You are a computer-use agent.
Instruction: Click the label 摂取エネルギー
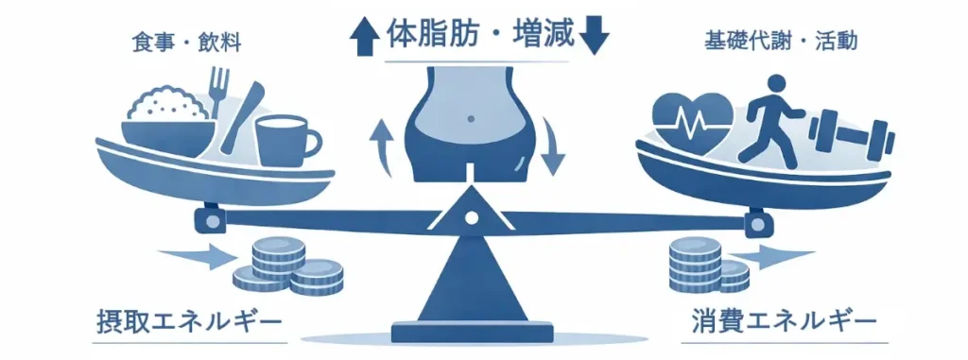coord(189,320)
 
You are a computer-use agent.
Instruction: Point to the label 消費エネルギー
coord(784,320)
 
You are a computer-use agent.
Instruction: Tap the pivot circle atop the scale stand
coord(470,217)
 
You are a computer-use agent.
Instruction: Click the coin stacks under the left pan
coord(283,266)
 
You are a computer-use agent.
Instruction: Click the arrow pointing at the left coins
coord(195,254)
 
